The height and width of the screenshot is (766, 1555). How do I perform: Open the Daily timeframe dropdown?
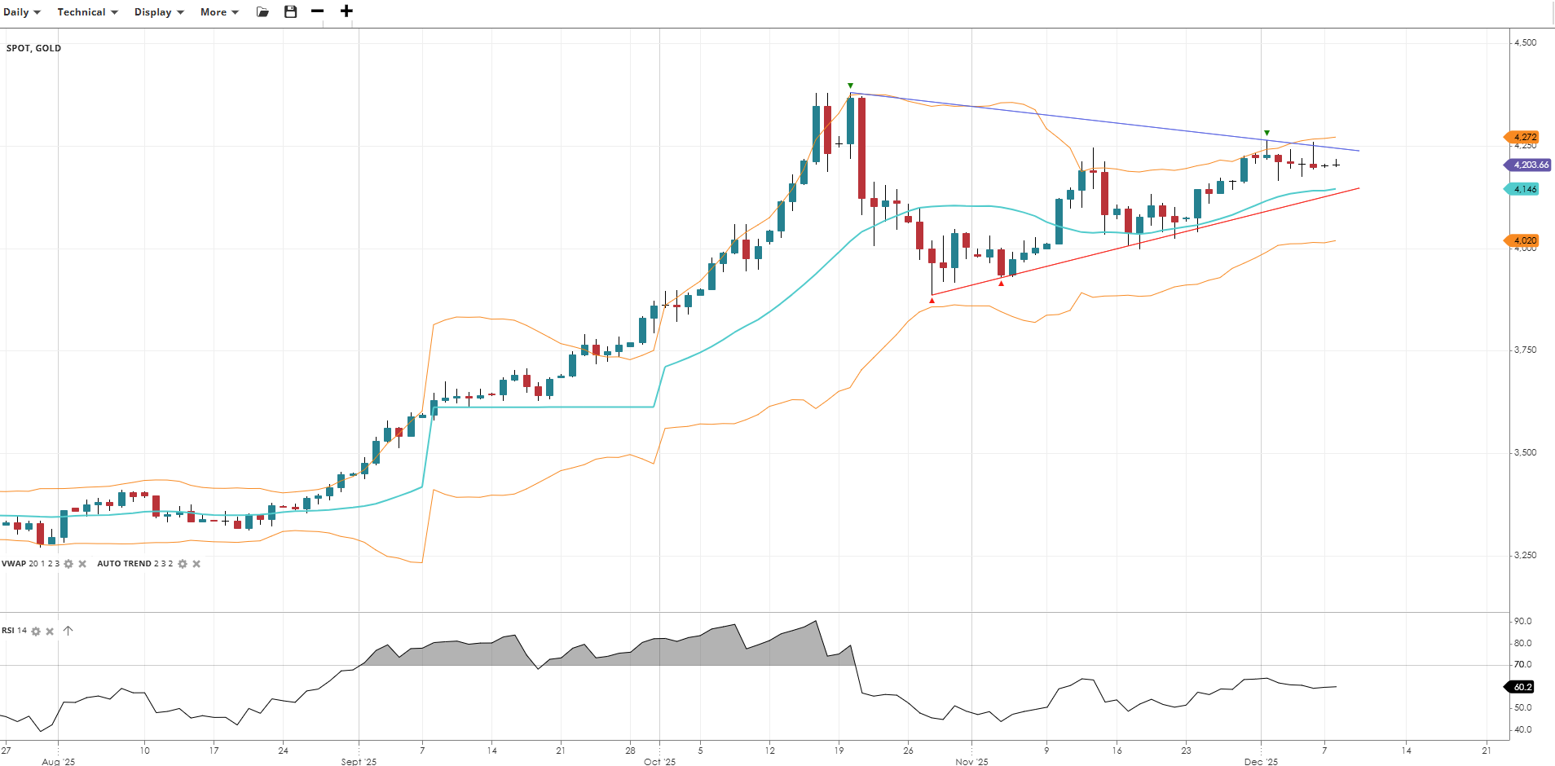pyautogui.click(x=22, y=12)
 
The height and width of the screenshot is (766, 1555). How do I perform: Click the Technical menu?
pyautogui.click(x=87, y=12)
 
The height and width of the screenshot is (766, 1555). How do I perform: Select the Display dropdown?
pyautogui.click(x=159, y=12)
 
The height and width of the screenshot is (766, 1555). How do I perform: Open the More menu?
pyautogui.click(x=219, y=12)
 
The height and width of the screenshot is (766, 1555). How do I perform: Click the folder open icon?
pyautogui.click(x=262, y=12)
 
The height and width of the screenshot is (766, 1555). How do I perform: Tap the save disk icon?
pyautogui.click(x=290, y=11)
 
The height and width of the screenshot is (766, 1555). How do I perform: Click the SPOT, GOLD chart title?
pyautogui.click(x=33, y=48)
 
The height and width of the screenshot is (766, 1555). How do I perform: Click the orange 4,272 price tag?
pyautogui.click(x=1524, y=138)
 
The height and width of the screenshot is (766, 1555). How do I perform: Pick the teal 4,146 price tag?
pyautogui.click(x=1524, y=189)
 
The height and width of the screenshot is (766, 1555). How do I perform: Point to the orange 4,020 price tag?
pyautogui.click(x=1524, y=240)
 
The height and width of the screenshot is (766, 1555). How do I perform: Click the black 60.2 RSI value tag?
pyautogui.click(x=1522, y=687)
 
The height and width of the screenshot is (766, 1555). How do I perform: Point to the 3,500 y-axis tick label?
pyautogui.click(x=1525, y=452)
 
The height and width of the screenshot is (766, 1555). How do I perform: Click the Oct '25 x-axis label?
pyautogui.click(x=659, y=761)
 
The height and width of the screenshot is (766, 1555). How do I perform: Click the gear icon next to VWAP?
pyautogui.click(x=68, y=564)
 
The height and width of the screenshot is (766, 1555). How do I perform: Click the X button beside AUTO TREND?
pyautogui.click(x=196, y=564)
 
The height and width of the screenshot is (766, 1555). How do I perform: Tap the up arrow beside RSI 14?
pyautogui.click(x=68, y=631)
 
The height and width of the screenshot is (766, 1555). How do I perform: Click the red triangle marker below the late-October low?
pyautogui.click(x=932, y=301)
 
